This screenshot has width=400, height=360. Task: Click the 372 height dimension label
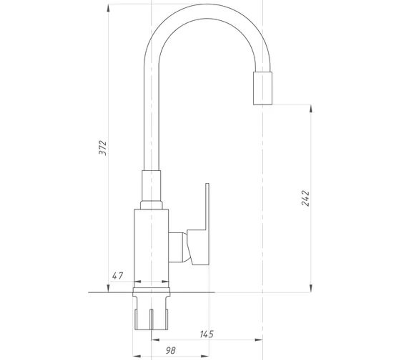[102, 148]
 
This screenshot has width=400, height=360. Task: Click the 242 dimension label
[305, 198]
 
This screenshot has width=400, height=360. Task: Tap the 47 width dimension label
[118, 276]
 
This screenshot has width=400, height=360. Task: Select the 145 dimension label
[207, 334]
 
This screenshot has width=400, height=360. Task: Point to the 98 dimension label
[171, 350]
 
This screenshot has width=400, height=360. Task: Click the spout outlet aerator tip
[262, 88]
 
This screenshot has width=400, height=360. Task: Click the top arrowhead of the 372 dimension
[108, 8]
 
